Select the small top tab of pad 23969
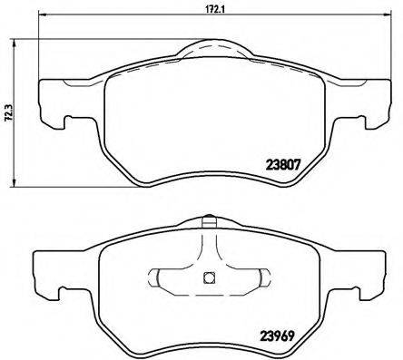click(x=208, y=219)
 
